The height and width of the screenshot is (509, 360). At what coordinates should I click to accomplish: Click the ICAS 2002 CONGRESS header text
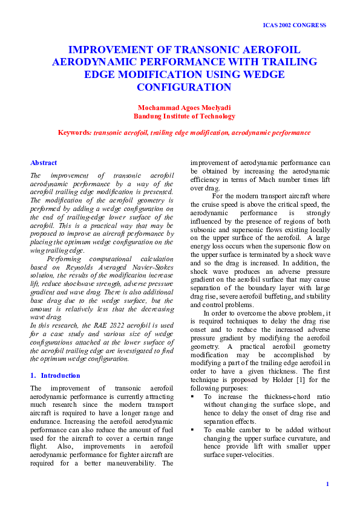click(x=295, y=25)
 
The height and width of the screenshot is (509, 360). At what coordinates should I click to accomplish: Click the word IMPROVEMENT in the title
click(x=107, y=50)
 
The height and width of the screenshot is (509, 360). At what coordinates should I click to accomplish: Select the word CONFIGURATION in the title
click(x=184, y=87)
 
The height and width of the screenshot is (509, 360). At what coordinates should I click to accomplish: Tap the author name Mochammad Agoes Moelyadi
click(x=184, y=108)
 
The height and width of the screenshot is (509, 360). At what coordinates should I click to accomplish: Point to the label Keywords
click(x=73, y=132)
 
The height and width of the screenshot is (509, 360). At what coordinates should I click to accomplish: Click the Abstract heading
click(x=44, y=163)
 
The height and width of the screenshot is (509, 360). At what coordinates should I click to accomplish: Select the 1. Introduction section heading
click(x=55, y=375)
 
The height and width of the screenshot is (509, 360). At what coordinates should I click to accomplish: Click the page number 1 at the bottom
click(x=327, y=484)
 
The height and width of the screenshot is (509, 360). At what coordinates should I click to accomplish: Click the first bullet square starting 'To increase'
click(x=193, y=397)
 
